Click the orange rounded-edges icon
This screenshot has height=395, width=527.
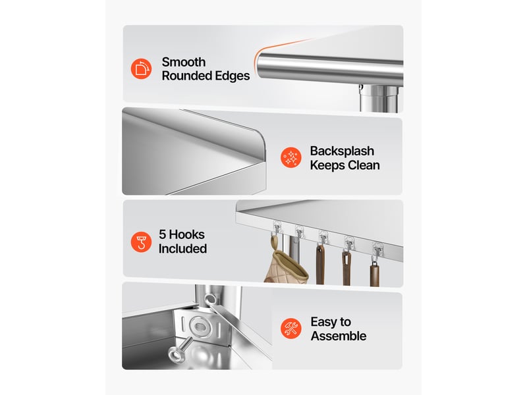pyautogui.click(x=141, y=69)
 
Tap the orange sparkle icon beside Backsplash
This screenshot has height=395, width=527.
pyautogui.click(x=291, y=157)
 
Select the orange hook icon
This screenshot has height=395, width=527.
pyautogui.click(x=141, y=242)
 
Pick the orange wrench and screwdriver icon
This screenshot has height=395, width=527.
pyautogui.click(x=291, y=328)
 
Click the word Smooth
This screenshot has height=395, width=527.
pyautogui.click(x=184, y=62)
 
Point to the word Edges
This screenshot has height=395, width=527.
pyautogui.click(x=233, y=76)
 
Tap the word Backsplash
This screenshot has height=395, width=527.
pyautogui.click(x=342, y=151)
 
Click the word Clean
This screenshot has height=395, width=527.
pyautogui.click(x=364, y=165)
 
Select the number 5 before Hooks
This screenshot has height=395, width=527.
pyautogui.click(x=162, y=234)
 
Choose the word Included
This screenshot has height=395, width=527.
pyautogui.click(x=182, y=249)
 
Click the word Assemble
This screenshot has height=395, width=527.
pyautogui.click(x=339, y=336)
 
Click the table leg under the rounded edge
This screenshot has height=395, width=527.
pyautogui.click(x=380, y=98)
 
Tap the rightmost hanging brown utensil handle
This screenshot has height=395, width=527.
pyautogui.click(x=374, y=274)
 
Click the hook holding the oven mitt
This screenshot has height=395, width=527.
pyautogui.click(x=276, y=229)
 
